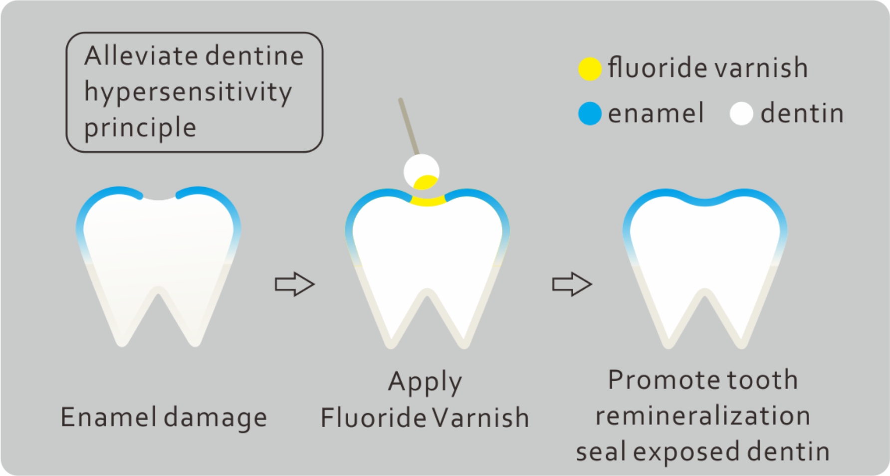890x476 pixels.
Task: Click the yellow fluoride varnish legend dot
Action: [x=590, y=69]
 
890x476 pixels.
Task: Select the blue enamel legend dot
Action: [x=590, y=114]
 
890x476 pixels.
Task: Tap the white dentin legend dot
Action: [x=741, y=114]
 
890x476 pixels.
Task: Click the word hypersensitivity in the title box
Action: [x=188, y=92]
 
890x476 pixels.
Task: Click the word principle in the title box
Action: [x=140, y=128]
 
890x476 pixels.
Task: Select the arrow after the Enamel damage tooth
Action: [x=295, y=284]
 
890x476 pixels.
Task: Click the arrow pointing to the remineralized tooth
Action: [x=572, y=284]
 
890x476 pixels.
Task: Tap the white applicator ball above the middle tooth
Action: [x=422, y=172]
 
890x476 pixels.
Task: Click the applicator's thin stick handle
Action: [x=409, y=127]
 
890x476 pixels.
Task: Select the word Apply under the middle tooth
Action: [x=425, y=383]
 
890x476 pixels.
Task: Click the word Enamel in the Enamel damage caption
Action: [x=109, y=417]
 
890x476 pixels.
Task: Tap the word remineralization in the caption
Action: [x=703, y=416]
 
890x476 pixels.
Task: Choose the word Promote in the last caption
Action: [x=664, y=380]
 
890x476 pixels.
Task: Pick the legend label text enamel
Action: [x=656, y=113]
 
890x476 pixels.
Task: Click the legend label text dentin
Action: [x=802, y=113]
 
